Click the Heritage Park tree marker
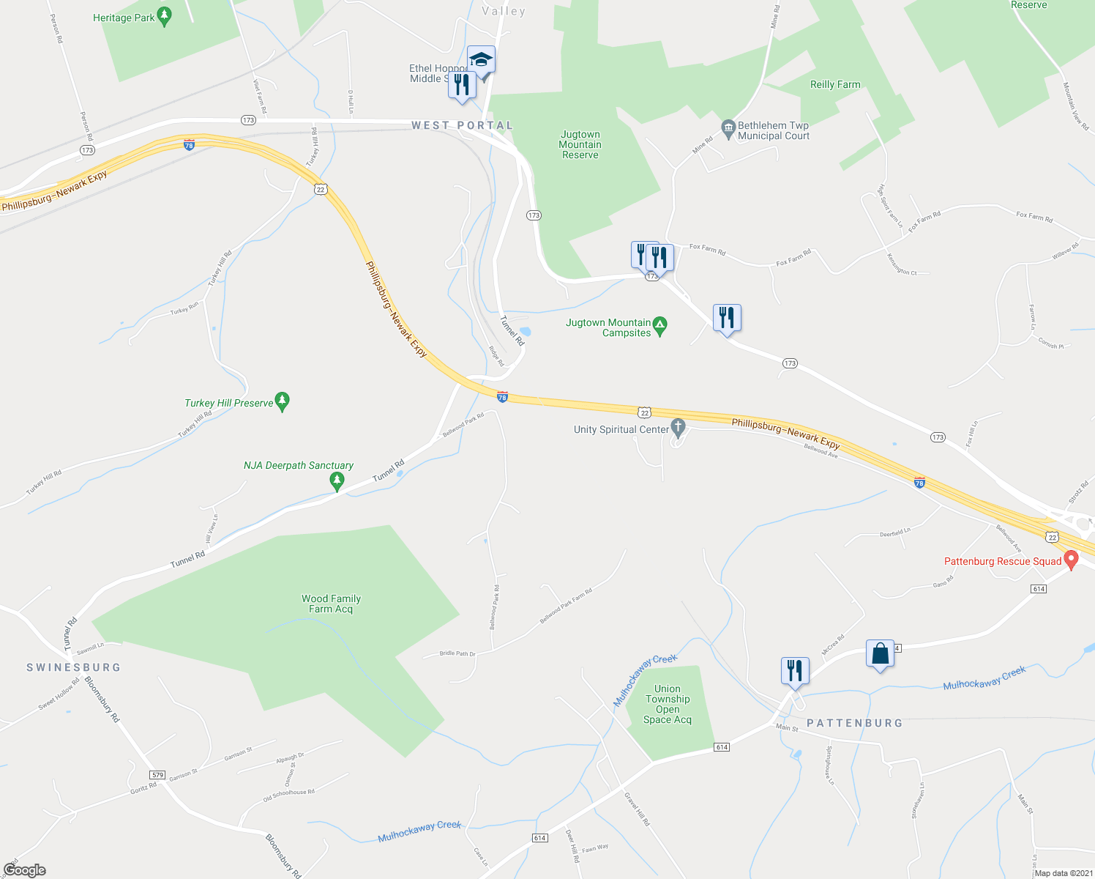[x=165, y=16]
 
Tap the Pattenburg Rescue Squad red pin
[x=1071, y=560]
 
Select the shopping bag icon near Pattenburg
[x=880, y=653]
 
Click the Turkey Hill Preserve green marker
[x=283, y=401]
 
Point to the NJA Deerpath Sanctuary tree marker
[x=337, y=481]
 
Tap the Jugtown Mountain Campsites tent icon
[x=659, y=326]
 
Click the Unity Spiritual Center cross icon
[x=678, y=428]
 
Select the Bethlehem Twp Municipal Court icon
[x=728, y=130]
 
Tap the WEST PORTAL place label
[x=462, y=125]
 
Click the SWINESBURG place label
[x=73, y=667]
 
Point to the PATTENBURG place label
[x=854, y=723]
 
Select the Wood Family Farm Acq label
[x=331, y=604]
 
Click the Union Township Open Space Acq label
[x=668, y=704]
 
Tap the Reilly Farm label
[x=835, y=84]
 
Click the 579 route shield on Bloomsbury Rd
[x=157, y=774]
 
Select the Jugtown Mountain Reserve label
[x=580, y=144]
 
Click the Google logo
[x=25, y=870]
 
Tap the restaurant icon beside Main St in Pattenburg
[x=794, y=670]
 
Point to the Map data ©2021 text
[x=1061, y=873]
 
